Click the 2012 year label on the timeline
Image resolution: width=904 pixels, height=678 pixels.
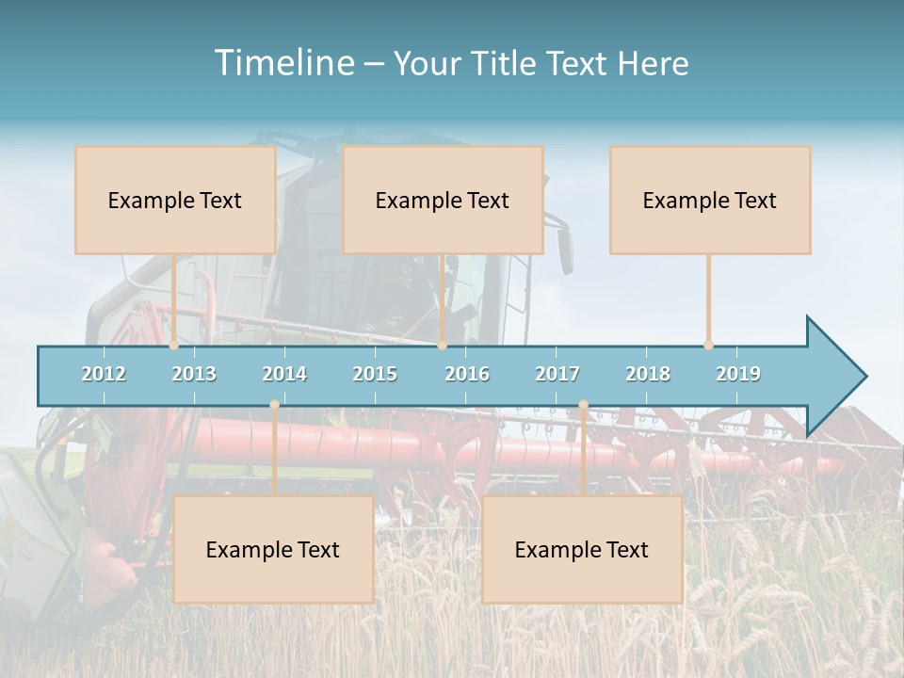(x=104, y=374)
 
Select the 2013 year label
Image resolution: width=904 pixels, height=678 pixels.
(x=194, y=374)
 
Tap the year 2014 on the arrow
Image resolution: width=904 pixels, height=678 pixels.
(x=284, y=374)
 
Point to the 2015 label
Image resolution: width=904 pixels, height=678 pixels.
(x=375, y=374)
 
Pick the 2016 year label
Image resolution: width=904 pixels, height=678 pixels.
(x=467, y=374)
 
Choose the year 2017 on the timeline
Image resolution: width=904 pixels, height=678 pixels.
(x=557, y=374)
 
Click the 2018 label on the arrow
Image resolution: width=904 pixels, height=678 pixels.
(x=648, y=374)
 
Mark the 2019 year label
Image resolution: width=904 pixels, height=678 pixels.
(x=738, y=374)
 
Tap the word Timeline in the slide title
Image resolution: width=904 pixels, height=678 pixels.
(x=282, y=63)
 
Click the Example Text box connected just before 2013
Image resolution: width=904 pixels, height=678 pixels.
(x=175, y=200)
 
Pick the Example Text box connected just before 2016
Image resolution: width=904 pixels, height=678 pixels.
(x=443, y=200)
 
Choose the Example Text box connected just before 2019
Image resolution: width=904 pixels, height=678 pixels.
(x=710, y=200)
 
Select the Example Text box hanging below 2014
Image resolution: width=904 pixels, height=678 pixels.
(x=273, y=549)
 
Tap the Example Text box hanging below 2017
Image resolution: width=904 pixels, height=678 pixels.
(x=582, y=549)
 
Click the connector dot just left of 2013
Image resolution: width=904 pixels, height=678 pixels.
(x=174, y=346)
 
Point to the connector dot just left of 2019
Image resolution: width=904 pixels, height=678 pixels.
(x=709, y=346)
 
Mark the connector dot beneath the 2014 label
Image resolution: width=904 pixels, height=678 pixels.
(x=274, y=405)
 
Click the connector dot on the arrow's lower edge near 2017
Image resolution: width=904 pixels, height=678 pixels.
(x=583, y=405)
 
